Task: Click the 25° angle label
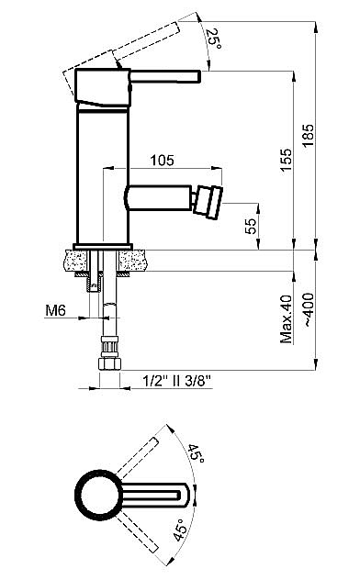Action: coord(214,39)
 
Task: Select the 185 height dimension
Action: coord(309,136)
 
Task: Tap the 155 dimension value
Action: coord(286,160)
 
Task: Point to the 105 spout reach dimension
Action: coord(162,161)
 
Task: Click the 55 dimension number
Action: coord(251,225)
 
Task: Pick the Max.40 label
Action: coord(286,318)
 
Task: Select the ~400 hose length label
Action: coord(309,309)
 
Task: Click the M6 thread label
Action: coord(55,310)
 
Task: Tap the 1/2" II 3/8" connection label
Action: coord(177,380)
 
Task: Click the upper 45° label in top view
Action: coord(197,454)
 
